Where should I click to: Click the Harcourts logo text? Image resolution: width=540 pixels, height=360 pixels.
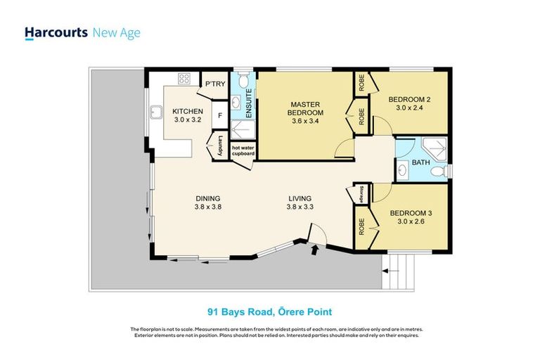(56, 33)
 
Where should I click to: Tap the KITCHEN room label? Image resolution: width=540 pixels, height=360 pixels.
(188, 112)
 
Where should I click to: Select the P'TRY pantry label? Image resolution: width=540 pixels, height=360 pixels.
(214, 84)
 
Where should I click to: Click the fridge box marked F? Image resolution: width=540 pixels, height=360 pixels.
(219, 115)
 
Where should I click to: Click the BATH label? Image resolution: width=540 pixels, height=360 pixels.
(420, 163)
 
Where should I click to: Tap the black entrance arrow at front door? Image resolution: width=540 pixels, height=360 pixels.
(314, 248)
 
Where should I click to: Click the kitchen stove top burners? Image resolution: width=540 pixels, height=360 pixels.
(185, 78)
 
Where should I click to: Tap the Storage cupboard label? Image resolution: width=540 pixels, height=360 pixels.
(360, 193)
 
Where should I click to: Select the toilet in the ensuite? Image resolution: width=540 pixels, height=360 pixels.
(243, 83)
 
